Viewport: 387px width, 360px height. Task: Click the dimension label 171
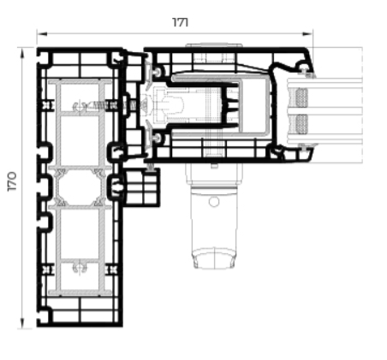(181, 22)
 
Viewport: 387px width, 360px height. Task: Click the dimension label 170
(12, 181)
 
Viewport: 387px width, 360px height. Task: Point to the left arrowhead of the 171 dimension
(42, 34)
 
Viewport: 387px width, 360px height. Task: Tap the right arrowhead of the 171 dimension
(307, 34)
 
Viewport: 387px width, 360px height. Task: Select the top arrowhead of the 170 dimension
(22, 53)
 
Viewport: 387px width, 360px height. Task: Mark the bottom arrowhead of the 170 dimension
(22, 323)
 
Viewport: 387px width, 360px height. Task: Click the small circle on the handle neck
(214, 202)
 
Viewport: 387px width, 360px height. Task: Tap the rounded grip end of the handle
(214, 258)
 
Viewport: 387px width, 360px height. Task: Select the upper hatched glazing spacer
(301, 97)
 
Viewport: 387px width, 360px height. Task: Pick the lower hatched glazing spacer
(301, 124)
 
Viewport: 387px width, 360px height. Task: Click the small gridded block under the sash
(141, 186)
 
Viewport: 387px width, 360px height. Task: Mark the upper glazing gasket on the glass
(307, 74)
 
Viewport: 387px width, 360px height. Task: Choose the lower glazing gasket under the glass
(306, 147)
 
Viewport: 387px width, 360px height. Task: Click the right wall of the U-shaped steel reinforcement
(267, 105)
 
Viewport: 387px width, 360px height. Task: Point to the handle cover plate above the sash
(214, 45)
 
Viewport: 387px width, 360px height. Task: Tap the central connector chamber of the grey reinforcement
(80, 186)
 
